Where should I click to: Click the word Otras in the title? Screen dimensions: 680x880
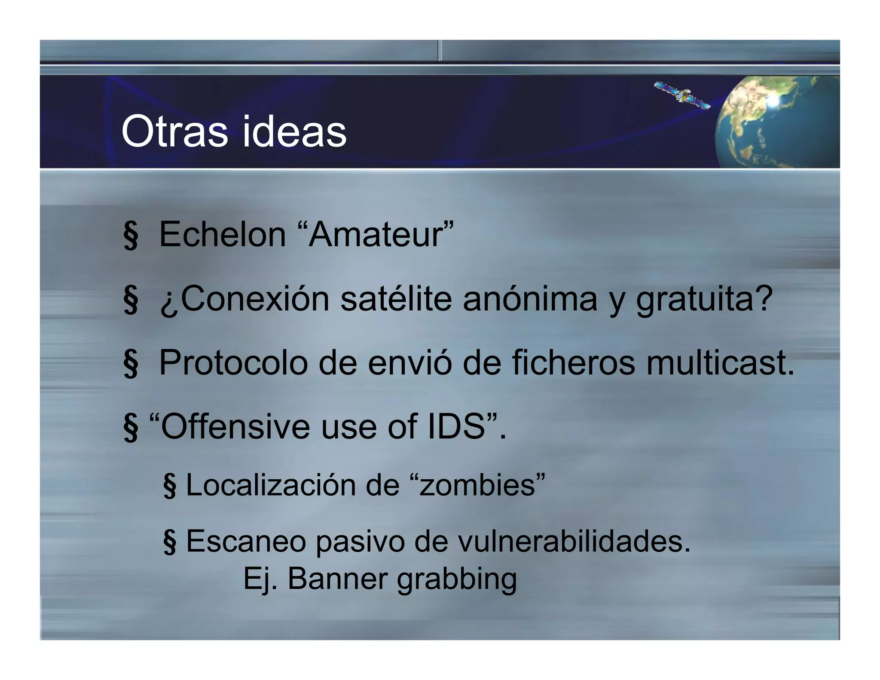click(174, 131)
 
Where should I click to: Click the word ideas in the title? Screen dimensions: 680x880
click(294, 131)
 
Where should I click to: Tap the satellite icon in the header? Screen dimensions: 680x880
click(682, 95)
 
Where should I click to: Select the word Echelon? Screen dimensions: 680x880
click(222, 235)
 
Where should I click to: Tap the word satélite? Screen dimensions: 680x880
click(396, 299)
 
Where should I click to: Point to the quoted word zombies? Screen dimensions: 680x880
click(477, 485)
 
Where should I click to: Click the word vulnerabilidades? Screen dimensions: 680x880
click(574, 541)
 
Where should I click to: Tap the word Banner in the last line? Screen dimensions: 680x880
click(337, 579)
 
